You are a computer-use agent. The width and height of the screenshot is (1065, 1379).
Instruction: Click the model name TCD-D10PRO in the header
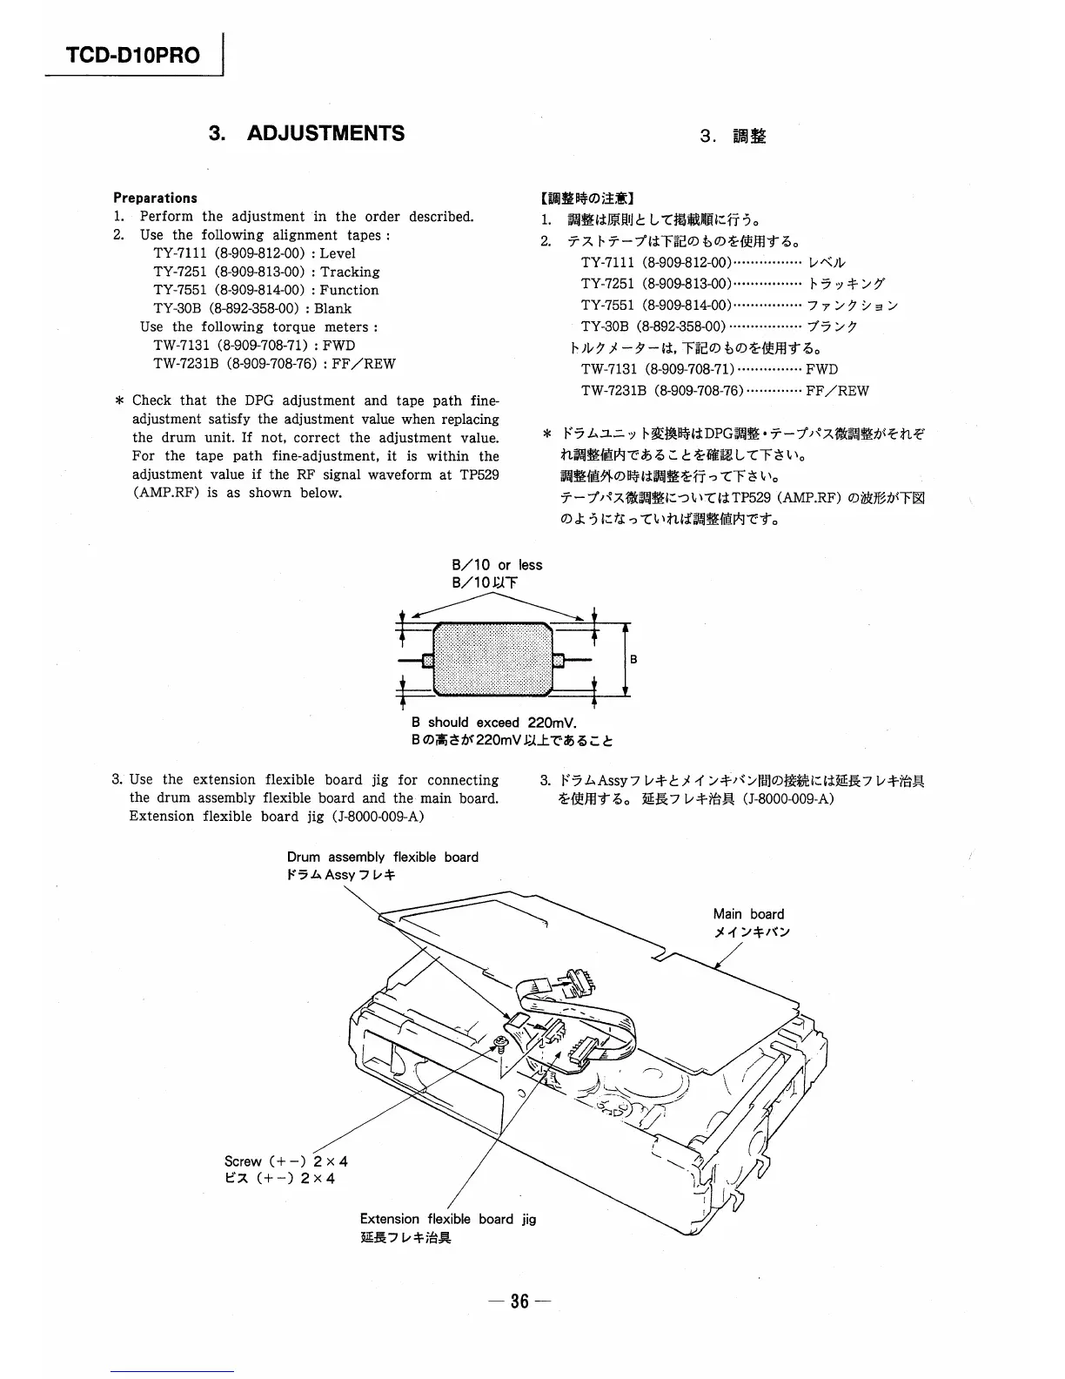tap(133, 56)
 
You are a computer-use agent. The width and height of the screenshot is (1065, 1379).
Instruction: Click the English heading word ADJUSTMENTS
tap(326, 133)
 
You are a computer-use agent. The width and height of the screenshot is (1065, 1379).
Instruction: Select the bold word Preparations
tap(155, 198)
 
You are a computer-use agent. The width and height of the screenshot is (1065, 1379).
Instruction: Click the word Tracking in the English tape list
tap(350, 272)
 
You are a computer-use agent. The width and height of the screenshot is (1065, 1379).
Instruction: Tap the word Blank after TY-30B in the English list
tap(333, 308)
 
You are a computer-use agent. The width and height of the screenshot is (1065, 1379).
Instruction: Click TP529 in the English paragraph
tap(479, 474)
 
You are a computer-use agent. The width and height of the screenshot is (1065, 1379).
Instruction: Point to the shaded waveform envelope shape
tap(492, 659)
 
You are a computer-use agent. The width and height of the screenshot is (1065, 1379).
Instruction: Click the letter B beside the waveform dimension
tap(633, 660)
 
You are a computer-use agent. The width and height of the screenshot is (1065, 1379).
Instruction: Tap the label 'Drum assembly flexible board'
tap(383, 857)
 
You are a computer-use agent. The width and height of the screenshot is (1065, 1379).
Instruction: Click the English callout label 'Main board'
tap(748, 914)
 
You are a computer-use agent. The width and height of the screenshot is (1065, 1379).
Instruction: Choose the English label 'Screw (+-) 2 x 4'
tap(286, 1161)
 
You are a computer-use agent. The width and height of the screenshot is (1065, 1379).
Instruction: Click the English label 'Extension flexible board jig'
tap(448, 1219)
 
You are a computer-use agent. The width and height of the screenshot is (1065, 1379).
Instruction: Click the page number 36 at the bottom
tap(519, 1302)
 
